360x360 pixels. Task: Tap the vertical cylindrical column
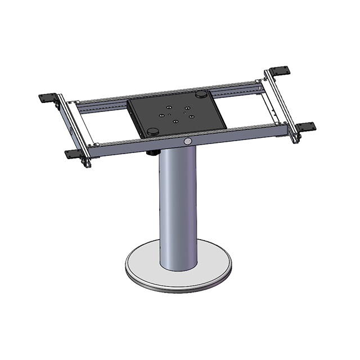point(179,208)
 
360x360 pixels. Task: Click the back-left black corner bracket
point(49,97)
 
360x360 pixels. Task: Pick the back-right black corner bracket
point(280,72)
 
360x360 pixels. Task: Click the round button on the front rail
point(188,139)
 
